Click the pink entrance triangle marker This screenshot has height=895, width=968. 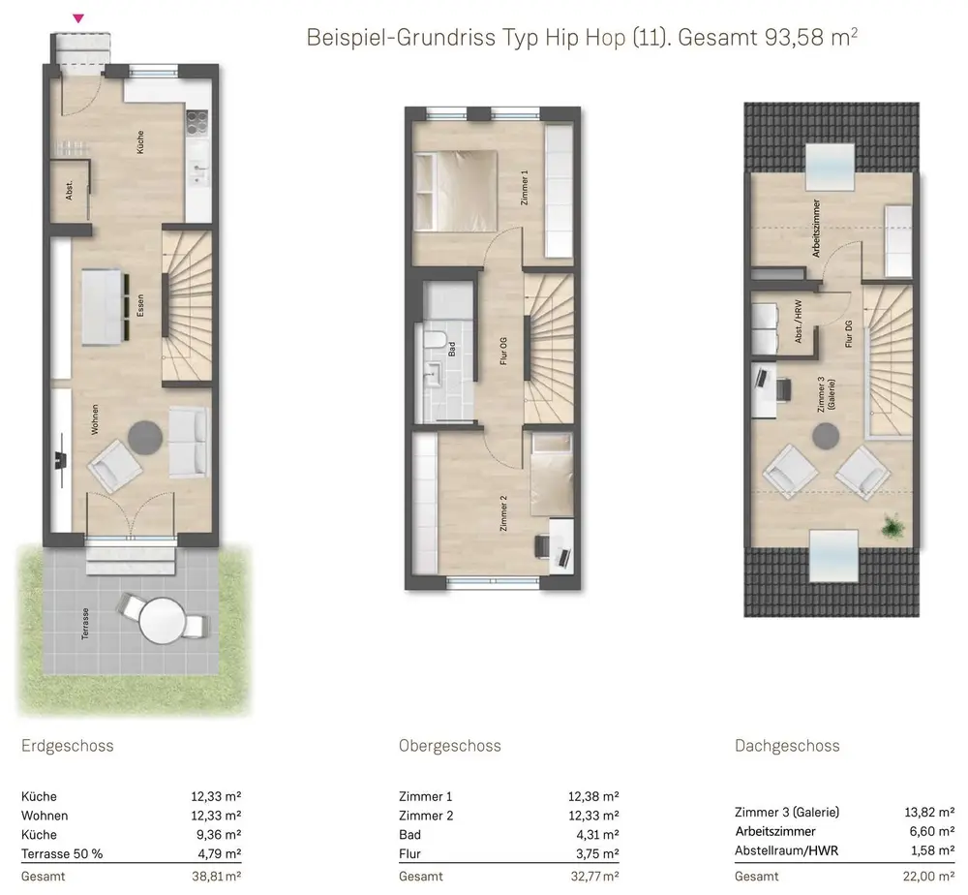click(x=78, y=18)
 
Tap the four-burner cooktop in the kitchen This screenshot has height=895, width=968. click(x=197, y=122)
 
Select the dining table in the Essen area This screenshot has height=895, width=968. click(x=102, y=307)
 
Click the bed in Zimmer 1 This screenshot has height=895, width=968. click(x=456, y=191)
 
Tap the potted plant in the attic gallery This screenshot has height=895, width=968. click(x=892, y=527)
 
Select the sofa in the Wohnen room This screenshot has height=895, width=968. click(x=189, y=443)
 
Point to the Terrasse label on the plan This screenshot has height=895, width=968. click(x=85, y=624)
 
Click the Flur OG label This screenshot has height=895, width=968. click(x=503, y=351)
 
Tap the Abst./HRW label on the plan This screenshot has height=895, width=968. click(x=799, y=322)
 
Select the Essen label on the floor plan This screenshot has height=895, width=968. click(x=140, y=306)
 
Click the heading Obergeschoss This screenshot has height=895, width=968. click(x=449, y=746)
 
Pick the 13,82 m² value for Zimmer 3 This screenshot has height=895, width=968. click(x=929, y=813)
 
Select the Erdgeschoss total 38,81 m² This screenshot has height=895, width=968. click(x=216, y=876)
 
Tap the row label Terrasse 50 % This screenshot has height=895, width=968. click(x=62, y=853)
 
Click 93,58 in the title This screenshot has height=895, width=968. click(x=795, y=38)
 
